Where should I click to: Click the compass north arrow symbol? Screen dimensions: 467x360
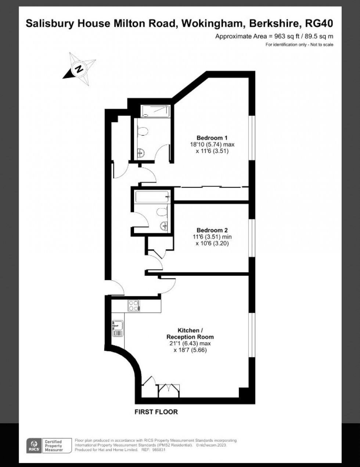79,68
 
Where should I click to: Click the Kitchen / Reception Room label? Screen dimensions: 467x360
190,334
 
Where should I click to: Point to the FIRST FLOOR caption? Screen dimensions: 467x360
156,412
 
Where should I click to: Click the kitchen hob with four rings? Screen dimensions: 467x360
134,306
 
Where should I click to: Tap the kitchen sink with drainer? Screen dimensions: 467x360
118,328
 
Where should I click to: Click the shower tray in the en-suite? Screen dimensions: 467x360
155,111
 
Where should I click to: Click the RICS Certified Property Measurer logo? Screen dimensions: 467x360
44,445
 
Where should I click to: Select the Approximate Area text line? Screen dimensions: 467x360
274,36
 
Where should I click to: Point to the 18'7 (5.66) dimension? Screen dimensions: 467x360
190,350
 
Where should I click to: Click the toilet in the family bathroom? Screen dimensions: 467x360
161,211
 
